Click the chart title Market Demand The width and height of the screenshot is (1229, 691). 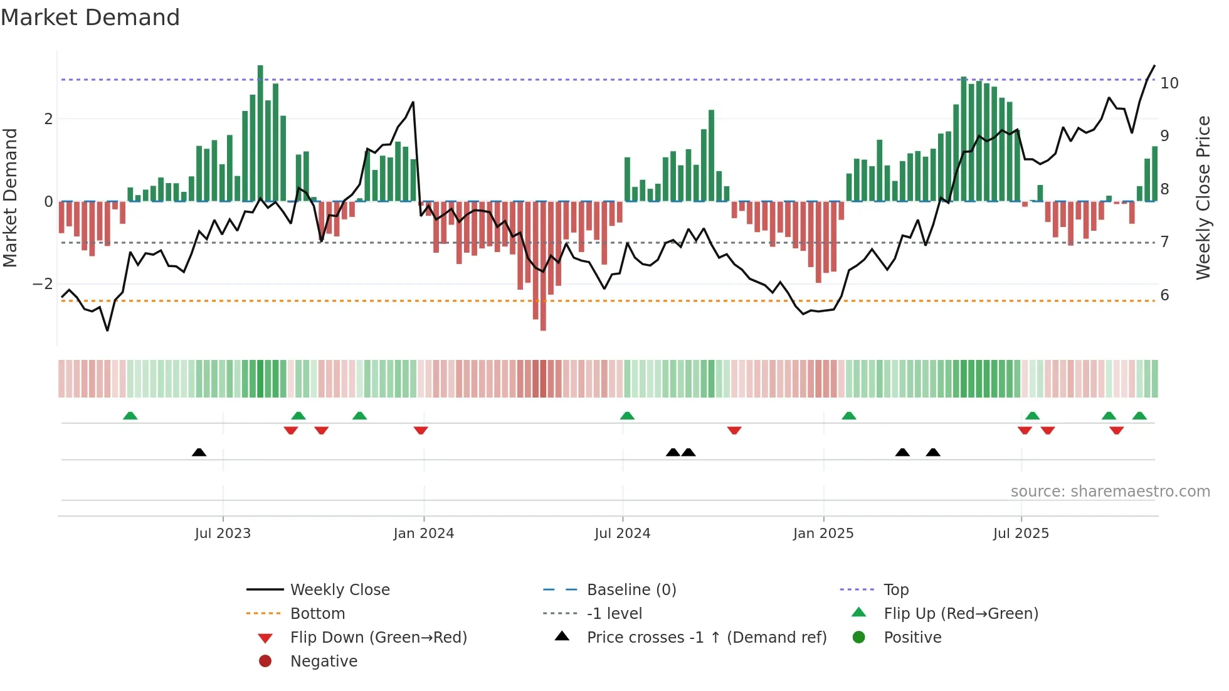[90, 18]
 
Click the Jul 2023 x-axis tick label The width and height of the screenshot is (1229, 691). [223, 534]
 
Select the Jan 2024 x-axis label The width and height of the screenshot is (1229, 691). [424, 534]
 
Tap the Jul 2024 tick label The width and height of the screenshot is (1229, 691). [623, 534]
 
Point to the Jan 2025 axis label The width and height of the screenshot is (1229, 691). [823, 534]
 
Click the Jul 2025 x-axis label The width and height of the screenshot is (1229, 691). [1021, 534]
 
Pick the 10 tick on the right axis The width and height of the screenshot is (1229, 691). [1169, 83]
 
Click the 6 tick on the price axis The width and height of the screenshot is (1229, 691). [1165, 295]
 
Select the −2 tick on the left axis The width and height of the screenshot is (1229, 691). [43, 284]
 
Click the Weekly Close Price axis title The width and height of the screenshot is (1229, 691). [1203, 198]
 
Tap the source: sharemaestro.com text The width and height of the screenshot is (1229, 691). [1110, 492]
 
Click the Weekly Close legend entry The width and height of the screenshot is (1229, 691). [339, 590]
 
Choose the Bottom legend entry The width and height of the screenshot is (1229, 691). [317, 614]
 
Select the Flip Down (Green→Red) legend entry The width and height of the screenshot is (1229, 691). [378, 638]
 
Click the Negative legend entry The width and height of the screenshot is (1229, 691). [324, 662]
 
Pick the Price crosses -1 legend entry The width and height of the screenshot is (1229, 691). [706, 638]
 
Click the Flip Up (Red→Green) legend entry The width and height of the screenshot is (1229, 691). [961, 614]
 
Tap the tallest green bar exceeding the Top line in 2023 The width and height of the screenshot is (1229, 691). [260, 132]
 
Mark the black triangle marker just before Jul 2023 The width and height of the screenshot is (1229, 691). [199, 452]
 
